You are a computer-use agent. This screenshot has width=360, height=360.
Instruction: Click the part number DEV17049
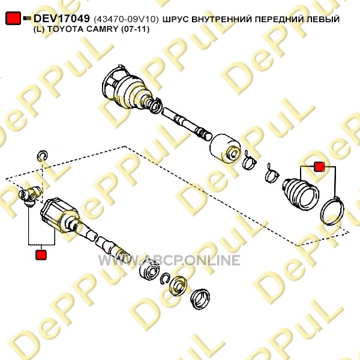(62, 19)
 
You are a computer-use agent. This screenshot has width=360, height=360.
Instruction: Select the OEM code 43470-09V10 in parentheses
(126, 19)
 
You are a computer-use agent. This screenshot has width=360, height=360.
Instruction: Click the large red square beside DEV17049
(13, 18)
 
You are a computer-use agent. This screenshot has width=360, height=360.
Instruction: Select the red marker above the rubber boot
(319, 167)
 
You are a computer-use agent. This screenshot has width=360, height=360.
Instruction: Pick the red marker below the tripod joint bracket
(41, 254)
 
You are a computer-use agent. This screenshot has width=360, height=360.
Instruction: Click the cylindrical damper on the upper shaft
(225, 148)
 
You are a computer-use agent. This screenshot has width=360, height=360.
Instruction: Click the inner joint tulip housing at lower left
(60, 215)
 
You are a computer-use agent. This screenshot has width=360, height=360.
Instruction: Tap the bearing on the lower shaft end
(149, 271)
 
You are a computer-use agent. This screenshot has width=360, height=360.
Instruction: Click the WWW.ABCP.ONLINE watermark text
(169, 260)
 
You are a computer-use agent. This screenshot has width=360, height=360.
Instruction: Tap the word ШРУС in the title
(176, 19)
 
